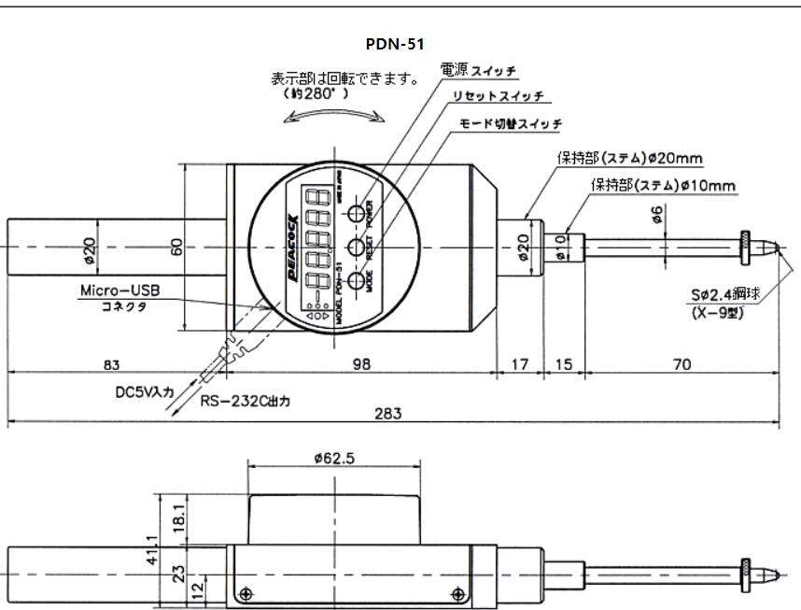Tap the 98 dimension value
point(361,364)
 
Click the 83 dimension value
point(111,364)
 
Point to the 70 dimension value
point(682,364)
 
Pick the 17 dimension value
point(519,364)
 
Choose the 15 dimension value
point(564,364)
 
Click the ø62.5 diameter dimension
point(335,458)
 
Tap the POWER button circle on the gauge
point(358,214)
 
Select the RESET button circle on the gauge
point(358,248)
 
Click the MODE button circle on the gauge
point(358,281)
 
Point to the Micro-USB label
point(119,291)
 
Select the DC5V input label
point(139,393)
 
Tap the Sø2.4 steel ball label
point(725,293)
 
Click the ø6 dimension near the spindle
point(658,214)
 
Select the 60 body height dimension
point(176,247)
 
